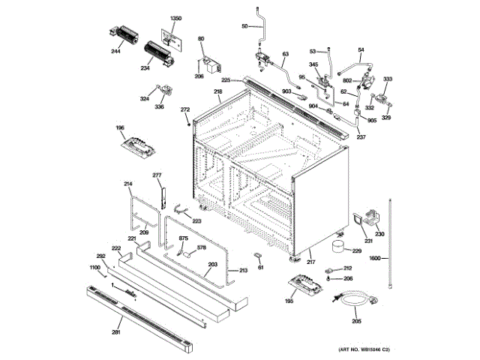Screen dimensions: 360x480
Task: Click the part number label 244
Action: pos(116,52)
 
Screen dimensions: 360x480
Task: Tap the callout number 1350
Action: pos(176,18)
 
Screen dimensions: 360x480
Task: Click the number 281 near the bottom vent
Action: pos(116,331)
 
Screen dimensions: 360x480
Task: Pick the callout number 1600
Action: pos(376,259)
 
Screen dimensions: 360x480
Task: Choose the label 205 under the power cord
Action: pos(356,322)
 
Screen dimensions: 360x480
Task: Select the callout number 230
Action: pos(379,235)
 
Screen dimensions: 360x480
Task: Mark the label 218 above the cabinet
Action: pos(217,92)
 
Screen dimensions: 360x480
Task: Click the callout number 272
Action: pos(185,110)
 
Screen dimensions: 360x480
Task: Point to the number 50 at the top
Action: pos(244,27)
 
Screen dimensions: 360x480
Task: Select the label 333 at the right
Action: pos(388,79)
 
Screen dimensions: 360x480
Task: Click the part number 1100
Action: pos(95,268)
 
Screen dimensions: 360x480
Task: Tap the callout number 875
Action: pos(183,238)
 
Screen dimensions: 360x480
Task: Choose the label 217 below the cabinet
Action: pos(310,262)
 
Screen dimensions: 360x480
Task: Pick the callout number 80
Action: pos(201,38)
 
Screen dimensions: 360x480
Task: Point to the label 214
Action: pos(128,184)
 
